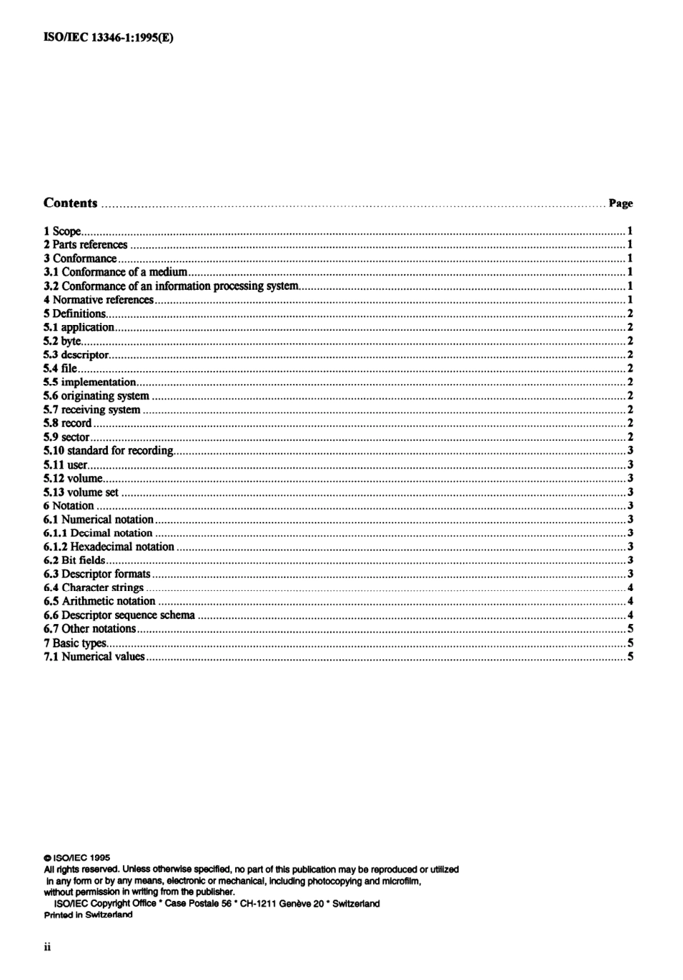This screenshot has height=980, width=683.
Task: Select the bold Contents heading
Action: click(x=70, y=203)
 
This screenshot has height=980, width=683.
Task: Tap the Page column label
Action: click(x=620, y=203)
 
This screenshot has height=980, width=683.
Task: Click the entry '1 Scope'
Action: click(x=63, y=232)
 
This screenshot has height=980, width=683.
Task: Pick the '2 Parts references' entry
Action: click(x=86, y=245)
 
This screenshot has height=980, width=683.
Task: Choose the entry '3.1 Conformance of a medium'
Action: click(x=115, y=273)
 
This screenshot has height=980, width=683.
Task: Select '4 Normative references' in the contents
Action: click(x=98, y=300)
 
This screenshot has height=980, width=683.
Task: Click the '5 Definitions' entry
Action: click(x=75, y=313)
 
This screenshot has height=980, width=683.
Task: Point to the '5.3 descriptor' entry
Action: click(x=76, y=354)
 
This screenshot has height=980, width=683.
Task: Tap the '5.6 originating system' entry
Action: click(x=96, y=396)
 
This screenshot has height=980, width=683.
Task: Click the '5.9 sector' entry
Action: click(x=67, y=437)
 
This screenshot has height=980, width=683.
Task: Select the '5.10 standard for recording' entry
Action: click(x=109, y=451)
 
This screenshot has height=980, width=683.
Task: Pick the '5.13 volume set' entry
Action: click(x=81, y=493)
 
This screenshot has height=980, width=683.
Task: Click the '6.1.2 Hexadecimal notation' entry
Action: click(x=109, y=547)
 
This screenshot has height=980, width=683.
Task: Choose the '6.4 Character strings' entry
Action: click(x=93, y=588)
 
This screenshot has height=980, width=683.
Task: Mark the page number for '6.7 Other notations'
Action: click(x=630, y=629)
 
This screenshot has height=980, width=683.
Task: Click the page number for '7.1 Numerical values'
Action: click(x=630, y=656)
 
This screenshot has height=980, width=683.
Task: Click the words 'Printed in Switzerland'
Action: click(x=88, y=915)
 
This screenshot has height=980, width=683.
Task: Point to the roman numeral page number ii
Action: click(x=47, y=947)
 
